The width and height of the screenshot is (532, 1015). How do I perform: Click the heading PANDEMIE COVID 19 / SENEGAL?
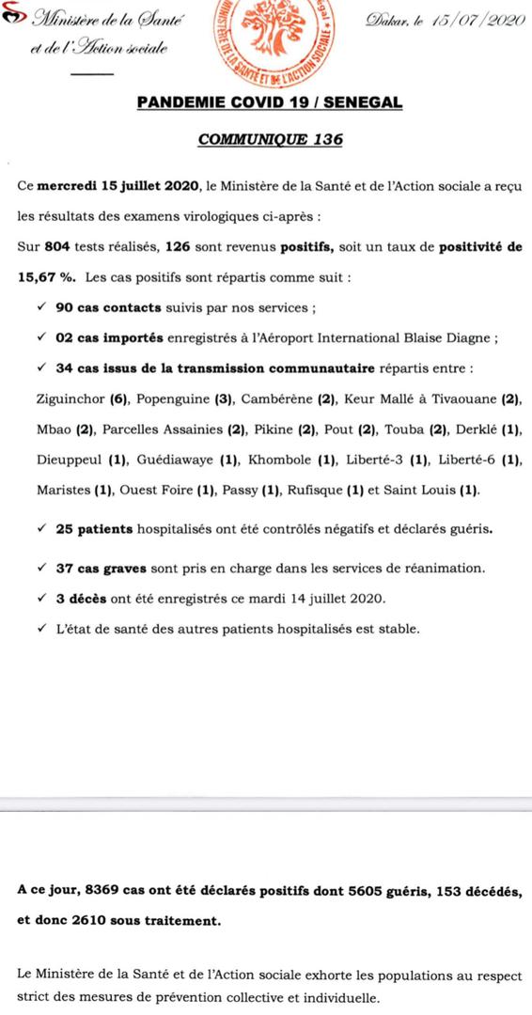(x=270, y=103)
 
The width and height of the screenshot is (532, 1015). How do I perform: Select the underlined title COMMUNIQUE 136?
(x=270, y=139)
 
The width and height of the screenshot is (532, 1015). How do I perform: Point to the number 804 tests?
(x=58, y=249)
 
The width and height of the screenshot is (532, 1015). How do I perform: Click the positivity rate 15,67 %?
(x=44, y=279)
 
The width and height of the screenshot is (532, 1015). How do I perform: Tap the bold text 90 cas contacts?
(x=98, y=308)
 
